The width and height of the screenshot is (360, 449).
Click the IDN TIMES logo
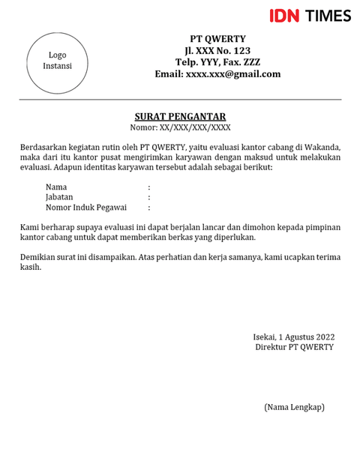(x=310, y=15)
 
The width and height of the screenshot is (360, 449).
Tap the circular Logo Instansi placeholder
(x=58, y=60)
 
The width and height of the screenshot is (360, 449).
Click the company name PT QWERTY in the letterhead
(x=217, y=39)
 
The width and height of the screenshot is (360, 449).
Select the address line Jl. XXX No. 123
(x=217, y=51)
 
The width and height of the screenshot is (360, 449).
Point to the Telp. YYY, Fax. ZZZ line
(x=217, y=62)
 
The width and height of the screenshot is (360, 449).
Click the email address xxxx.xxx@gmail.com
(x=217, y=74)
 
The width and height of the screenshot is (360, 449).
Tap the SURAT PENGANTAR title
(x=180, y=116)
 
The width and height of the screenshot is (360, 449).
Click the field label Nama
(x=56, y=187)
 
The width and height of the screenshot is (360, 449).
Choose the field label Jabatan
(x=59, y=197)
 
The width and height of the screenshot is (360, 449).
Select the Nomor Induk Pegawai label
(x=85, y=208)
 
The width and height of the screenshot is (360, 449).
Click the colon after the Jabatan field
(x=149, y=197)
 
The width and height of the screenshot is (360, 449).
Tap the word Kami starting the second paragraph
(x=31, y=226)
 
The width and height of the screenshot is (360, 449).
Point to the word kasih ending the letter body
(x=31, y=268)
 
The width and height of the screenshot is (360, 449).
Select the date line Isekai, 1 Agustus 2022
(x=293, y=336)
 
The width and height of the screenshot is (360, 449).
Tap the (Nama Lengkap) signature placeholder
(x=294, y=407)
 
